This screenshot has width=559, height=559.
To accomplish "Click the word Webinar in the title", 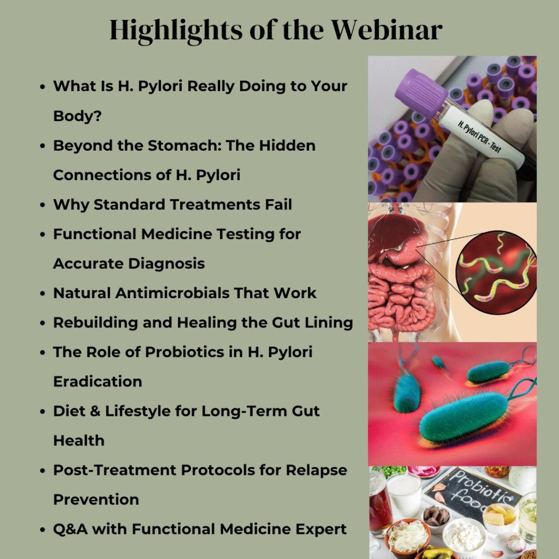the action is pos(387,30).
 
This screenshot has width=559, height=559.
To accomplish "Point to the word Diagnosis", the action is pos(166,264).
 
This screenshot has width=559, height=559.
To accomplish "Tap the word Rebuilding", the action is pos(96,323).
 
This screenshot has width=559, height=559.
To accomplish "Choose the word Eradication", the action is pos(98,382).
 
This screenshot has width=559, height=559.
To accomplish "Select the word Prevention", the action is pos(96,500).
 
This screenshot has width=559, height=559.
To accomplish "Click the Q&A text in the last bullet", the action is pos(70,530).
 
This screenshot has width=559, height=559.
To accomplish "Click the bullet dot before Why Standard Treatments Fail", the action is pos(43,205).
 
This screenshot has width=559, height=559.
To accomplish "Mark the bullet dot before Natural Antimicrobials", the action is pos(43,293).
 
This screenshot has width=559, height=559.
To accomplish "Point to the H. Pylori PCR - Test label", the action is pos(480,136).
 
